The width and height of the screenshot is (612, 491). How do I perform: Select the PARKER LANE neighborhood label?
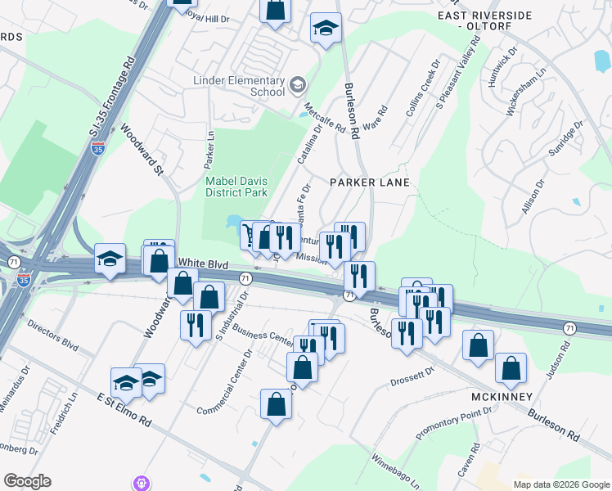(x=369, y=182)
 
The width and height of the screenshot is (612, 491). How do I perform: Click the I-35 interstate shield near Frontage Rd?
(x=98, y=149)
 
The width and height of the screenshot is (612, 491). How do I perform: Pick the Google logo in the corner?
(x=28, y=481)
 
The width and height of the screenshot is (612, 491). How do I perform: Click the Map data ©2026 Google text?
(x=560, y=484)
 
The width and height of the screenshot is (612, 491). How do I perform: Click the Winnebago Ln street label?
(x=395, y=469)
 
